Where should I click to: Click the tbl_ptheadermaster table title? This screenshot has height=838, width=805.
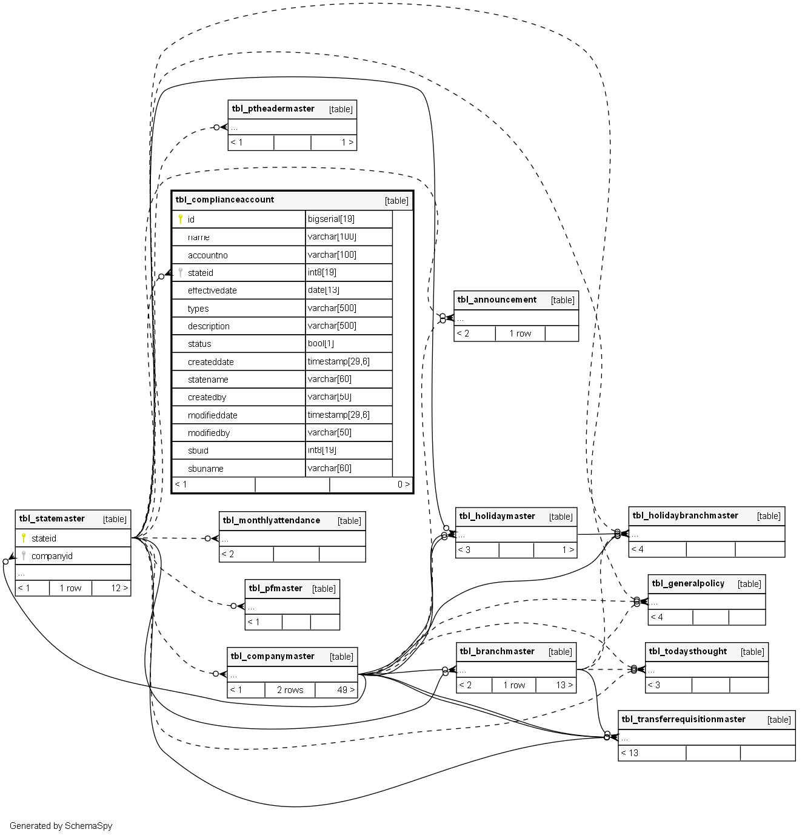click(273, 109)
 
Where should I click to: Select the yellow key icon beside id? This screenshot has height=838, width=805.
click(180, 219)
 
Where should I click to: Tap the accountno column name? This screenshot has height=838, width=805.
click(208, 255)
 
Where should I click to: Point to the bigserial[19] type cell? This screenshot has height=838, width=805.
click(331, 219)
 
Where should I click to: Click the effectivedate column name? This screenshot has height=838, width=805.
click(212, 290)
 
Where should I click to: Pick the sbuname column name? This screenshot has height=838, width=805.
click(205, 469)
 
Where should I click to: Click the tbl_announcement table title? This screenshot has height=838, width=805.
click(497, 300)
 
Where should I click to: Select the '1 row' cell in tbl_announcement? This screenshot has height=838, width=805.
click(520, 334)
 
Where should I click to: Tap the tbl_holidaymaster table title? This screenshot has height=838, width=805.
click(497, 516)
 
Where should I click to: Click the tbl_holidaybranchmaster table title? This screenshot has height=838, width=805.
click(685, 515)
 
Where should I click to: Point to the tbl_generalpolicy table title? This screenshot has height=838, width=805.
click(688, 583)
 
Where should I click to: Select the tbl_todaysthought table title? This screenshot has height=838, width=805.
click(687, 651)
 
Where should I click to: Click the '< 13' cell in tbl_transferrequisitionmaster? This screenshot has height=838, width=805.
click(630, 753)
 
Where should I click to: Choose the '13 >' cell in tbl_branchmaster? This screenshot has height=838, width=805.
click(564, 685)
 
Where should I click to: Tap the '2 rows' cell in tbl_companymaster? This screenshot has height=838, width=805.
click(290, 690)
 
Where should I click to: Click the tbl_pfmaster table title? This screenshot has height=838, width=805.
click(275, 588)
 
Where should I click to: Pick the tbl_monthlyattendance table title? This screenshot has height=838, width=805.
click(271, 520)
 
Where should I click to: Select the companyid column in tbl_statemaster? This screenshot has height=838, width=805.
click(52, 556)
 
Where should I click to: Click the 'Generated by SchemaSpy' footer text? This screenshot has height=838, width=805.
click(61, 826)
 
